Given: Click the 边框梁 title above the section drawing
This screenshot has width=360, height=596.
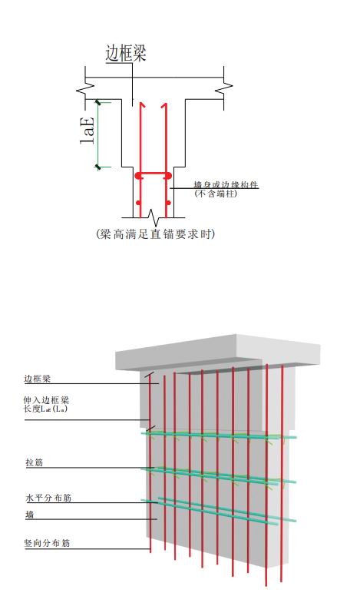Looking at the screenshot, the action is pos(126,53).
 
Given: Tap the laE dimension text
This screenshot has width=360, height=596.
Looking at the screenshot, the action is pos(87,131).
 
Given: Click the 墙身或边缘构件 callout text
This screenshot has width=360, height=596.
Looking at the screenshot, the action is pos(226,185).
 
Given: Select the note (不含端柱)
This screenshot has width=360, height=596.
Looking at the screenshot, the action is pos(216,194).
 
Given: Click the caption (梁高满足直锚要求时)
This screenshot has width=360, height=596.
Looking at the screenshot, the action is pos(155,233).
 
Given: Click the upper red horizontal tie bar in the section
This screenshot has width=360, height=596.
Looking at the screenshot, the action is pos(153,176).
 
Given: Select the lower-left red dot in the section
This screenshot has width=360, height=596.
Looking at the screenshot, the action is pos(137,203).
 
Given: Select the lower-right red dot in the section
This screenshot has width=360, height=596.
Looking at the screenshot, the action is pos(169,203).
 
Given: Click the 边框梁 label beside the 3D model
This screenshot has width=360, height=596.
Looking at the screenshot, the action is pos(37,379).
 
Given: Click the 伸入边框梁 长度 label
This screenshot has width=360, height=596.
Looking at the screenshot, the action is pos(46,405).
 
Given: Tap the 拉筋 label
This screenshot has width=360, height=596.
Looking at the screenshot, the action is pos(35,462).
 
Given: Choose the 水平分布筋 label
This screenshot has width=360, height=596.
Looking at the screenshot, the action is pos(48,498).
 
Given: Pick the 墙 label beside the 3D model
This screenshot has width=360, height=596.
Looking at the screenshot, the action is pos(30,515).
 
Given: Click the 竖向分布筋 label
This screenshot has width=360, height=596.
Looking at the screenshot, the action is pos(47,543).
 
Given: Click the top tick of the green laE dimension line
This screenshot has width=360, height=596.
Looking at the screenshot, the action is pos(98,102).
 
